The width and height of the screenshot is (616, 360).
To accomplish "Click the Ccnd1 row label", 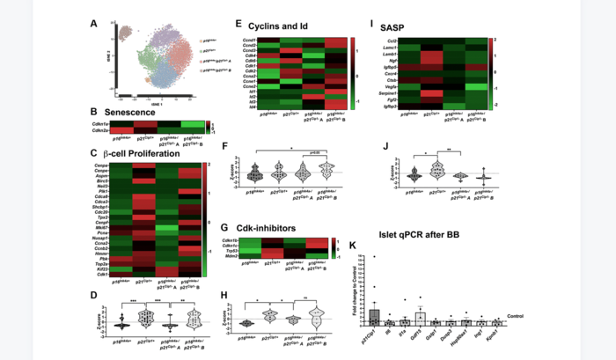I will tap(253, 40).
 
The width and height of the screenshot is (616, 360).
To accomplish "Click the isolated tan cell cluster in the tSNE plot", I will tap(126, 35).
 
